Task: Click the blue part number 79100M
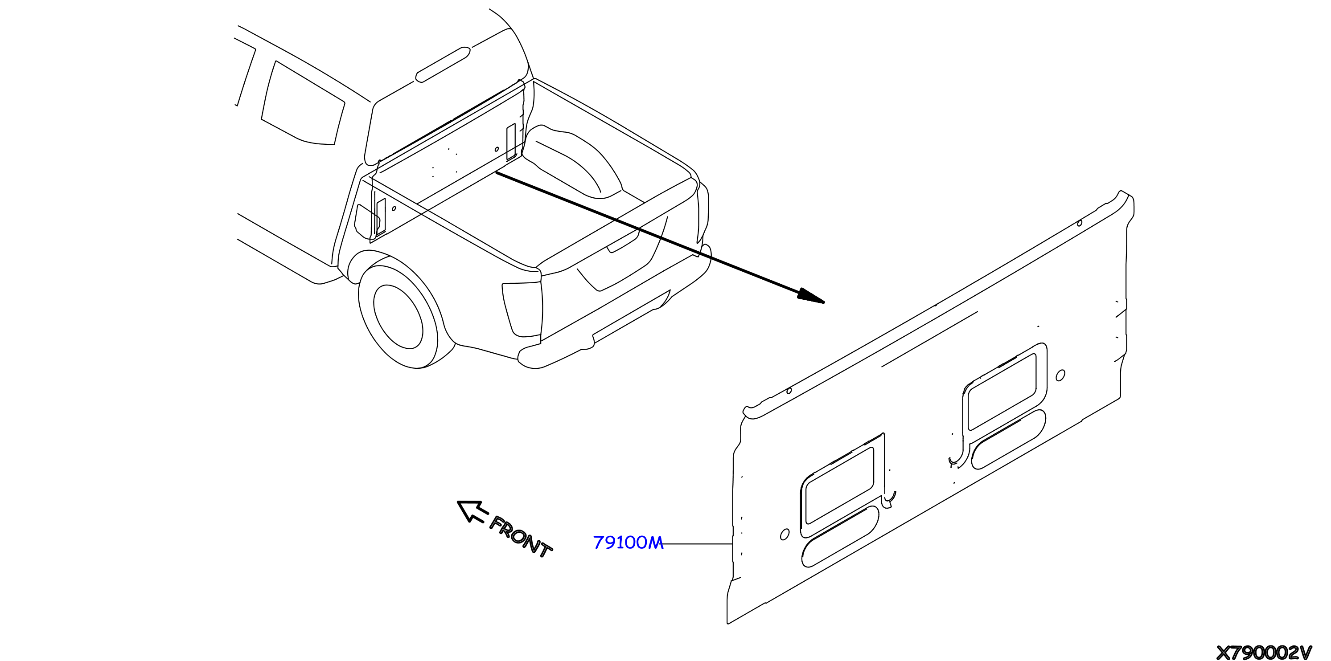point(628,543)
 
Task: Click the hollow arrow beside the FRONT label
point(472,511)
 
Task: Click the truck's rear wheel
point(399,316)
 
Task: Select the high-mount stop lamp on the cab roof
point(443,65)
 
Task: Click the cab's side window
point(303,103)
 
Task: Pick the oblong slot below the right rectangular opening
point(1009,439)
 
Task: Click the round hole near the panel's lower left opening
point(785,535)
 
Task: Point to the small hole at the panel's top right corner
point(1079,223)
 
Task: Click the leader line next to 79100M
point(698,544)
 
